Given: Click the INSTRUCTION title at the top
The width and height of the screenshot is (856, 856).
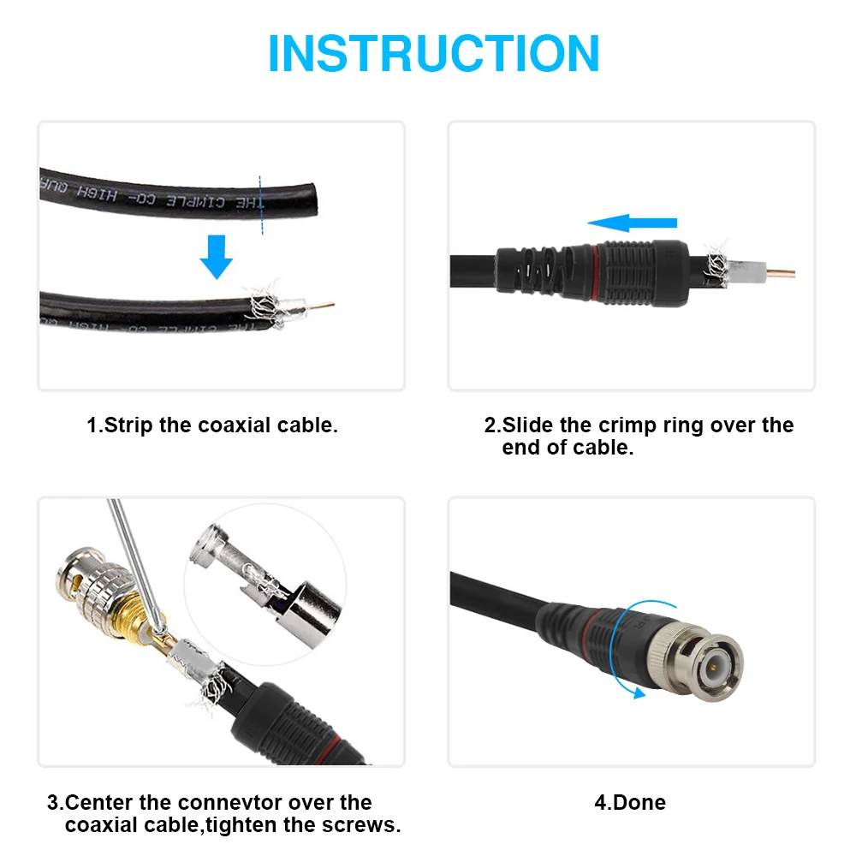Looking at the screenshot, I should click(433, 53).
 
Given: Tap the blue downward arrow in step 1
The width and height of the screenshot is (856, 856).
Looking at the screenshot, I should click(217, 257).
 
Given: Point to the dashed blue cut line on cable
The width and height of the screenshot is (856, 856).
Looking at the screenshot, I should click(261, 203).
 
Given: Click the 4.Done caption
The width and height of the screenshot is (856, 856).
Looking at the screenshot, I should click(629, 803).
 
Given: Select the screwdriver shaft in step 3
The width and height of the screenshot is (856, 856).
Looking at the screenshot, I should click(133, 556).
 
